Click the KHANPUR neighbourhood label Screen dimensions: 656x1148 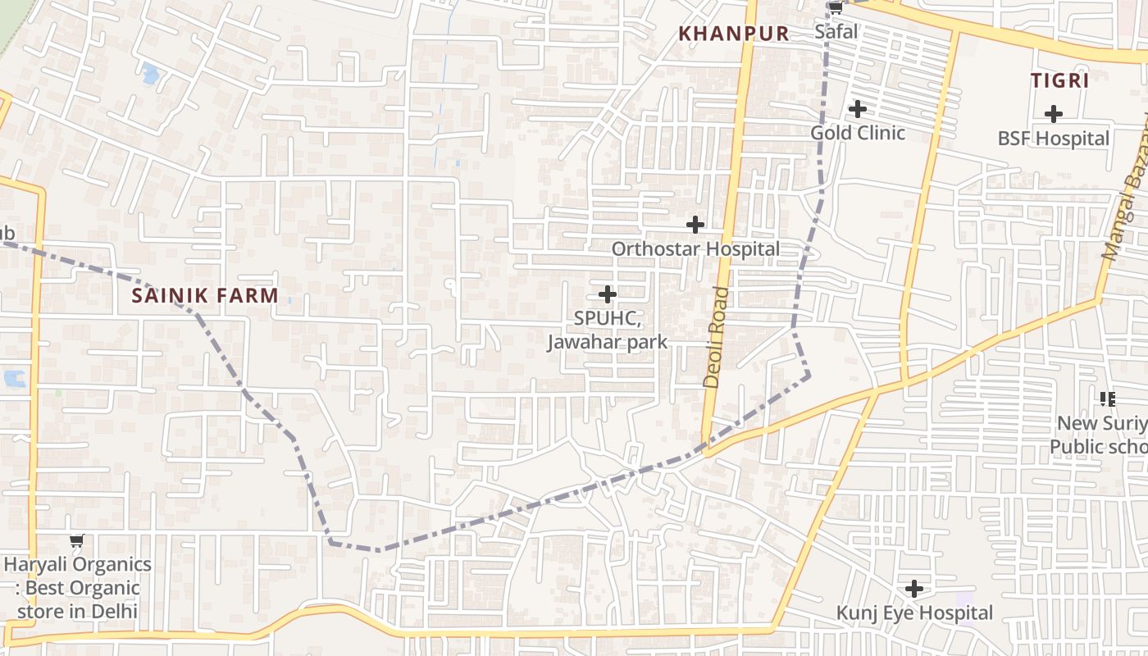pyautogui.click(x=734, y=34)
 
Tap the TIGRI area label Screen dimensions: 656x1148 pyautogui.click(x=1059, y=80)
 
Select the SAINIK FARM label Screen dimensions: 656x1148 pyautogui.click(x=205, y=295)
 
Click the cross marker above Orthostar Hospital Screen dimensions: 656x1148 pyautogui.click(x=695, y=224)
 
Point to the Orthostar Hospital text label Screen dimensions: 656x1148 pyautogui.click(x=695, y=248)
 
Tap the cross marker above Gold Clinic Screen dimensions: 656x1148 pyautogui.click(x=858, y=108)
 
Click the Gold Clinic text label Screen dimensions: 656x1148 pyautogui.click(x=858, y=133)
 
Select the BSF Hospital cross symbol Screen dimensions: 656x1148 pyautogui.click(x=1054, y=114)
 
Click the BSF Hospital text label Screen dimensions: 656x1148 pyautogui.click(x=1054, y=139)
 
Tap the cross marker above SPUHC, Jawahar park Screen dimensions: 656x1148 pyautogui.click(x=608, y=294)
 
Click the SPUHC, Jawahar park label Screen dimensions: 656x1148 pyautogui.click(x=608, y=330)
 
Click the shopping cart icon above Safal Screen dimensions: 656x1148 pyautogui.click(x=836, y=8)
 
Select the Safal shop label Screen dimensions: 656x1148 pyautogui.click(x=836, y=32)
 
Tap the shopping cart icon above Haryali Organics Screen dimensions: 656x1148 pyautogui.click(x=77, y=540)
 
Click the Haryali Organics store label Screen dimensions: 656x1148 pyautogui.click(x=77, y=587)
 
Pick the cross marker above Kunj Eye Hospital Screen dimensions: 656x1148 pyautogui.click(x=914, y=588)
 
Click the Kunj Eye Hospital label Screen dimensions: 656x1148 pyautogui.click(x=914, y=613)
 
